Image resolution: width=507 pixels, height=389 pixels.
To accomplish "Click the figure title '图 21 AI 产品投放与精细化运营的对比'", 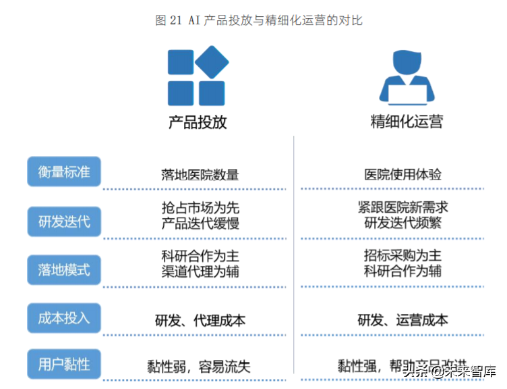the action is click(258, 20).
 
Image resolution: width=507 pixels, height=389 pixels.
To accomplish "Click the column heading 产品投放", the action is click(198, 122).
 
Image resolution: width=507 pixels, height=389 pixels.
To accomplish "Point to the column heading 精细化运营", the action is click(407, 122).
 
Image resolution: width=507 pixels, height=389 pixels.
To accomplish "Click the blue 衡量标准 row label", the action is click(64, 172).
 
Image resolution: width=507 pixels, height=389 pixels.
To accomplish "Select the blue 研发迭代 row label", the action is click(64, 221).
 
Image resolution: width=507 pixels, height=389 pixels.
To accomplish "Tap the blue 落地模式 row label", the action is click(64, 270).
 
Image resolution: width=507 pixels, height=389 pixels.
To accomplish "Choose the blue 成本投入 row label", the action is click(64, 317).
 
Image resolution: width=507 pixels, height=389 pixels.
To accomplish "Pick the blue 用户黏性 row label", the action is click(64, 365).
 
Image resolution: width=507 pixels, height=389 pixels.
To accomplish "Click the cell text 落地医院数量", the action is click(200, 175).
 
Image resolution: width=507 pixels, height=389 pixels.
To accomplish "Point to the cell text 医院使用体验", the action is click(403, 174).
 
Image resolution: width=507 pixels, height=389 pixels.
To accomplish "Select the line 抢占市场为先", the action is click(200, 207).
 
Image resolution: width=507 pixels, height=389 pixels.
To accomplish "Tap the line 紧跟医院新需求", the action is click(403, 207).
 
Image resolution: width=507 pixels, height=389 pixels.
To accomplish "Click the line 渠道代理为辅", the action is click(200, 272).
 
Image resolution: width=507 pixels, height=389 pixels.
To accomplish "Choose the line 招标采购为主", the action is click(403, 256).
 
